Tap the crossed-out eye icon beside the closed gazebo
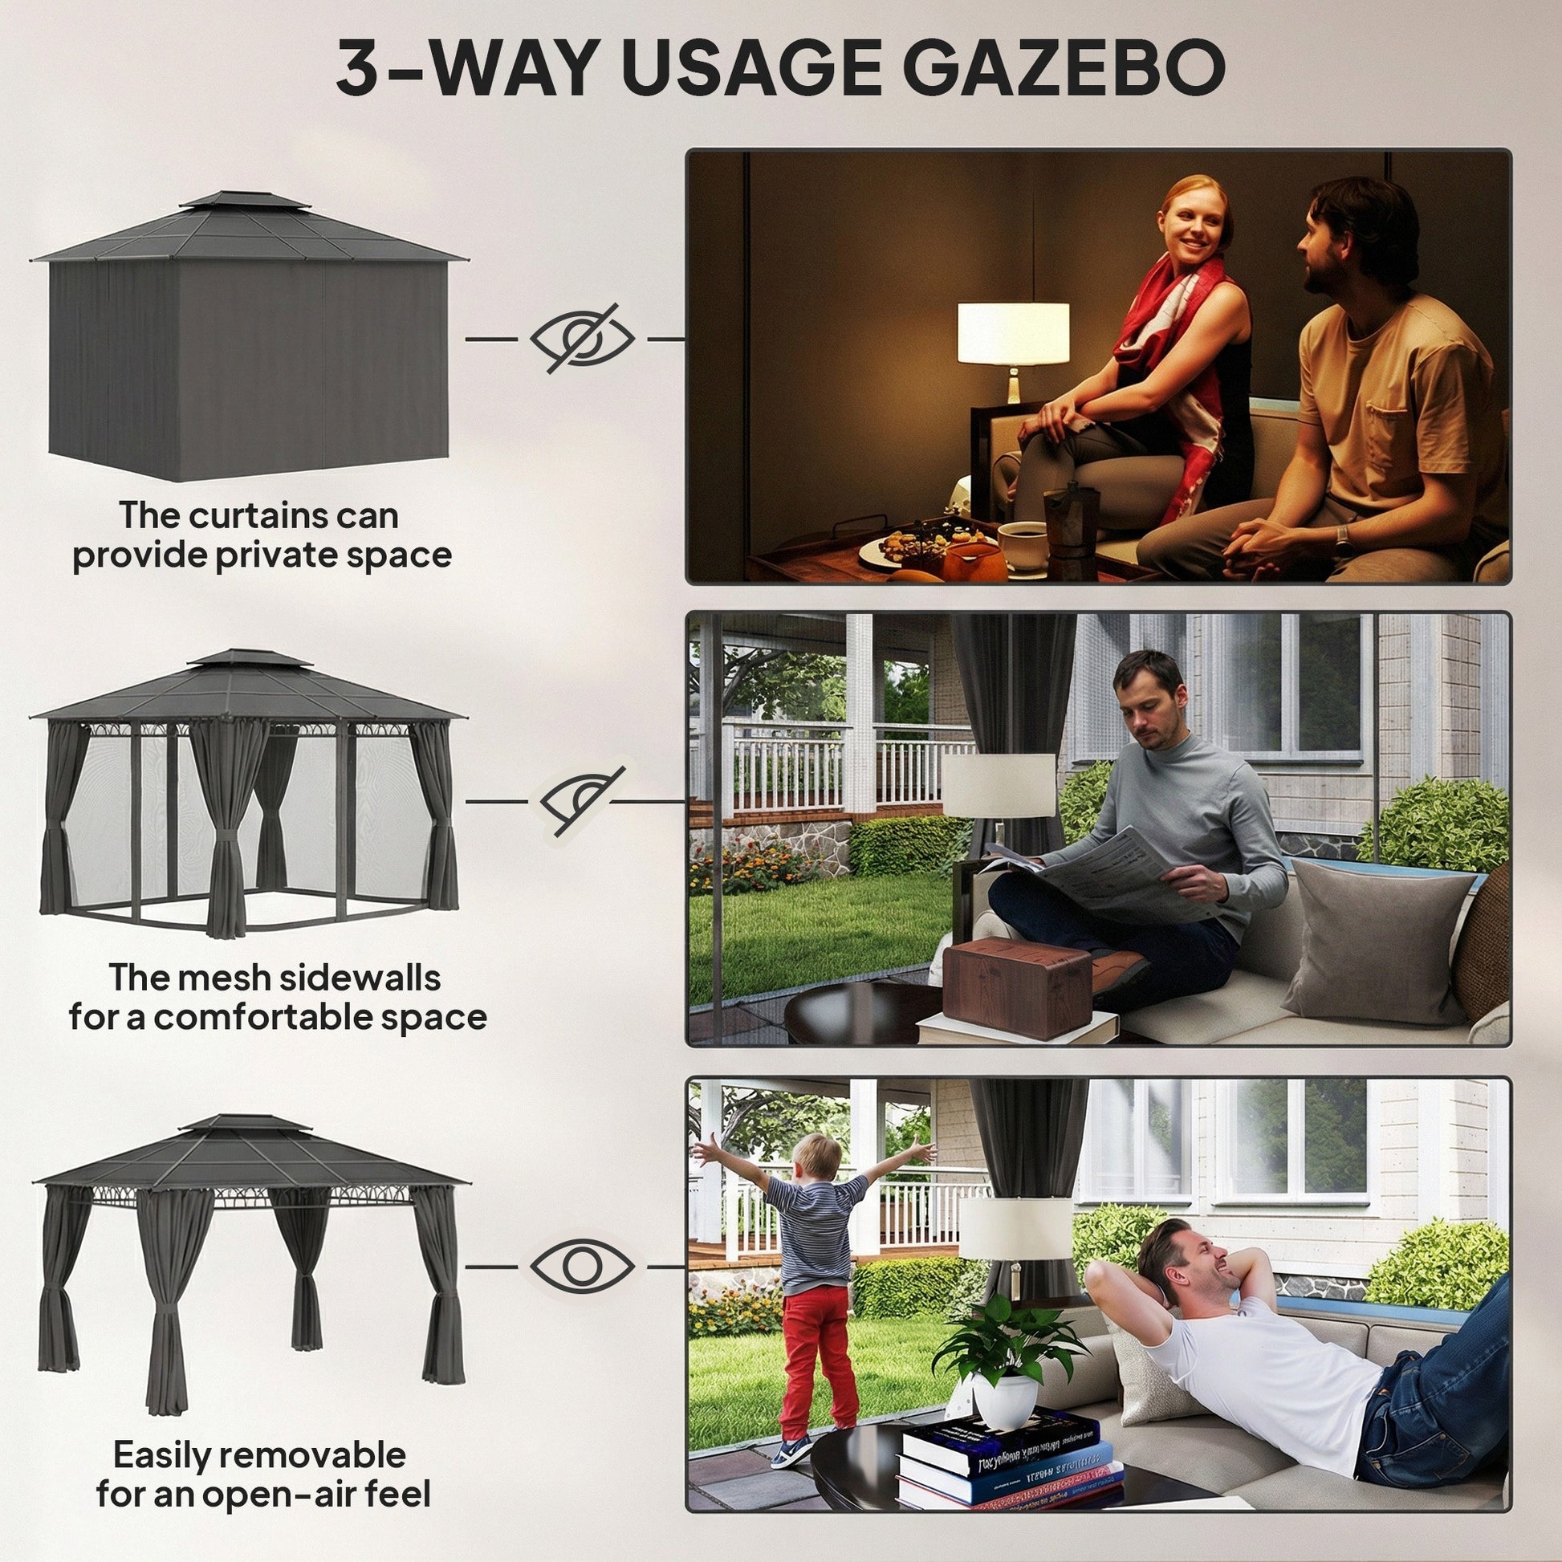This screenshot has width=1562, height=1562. click(x=582, y=338)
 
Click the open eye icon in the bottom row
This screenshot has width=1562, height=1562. click(x=582, y=1267)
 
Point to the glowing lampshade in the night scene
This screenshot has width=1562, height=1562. click(x=1013, y=334)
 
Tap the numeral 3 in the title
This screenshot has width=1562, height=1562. click(x=359, y=69)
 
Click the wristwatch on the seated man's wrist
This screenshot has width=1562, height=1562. click(x=1342, y=535)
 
